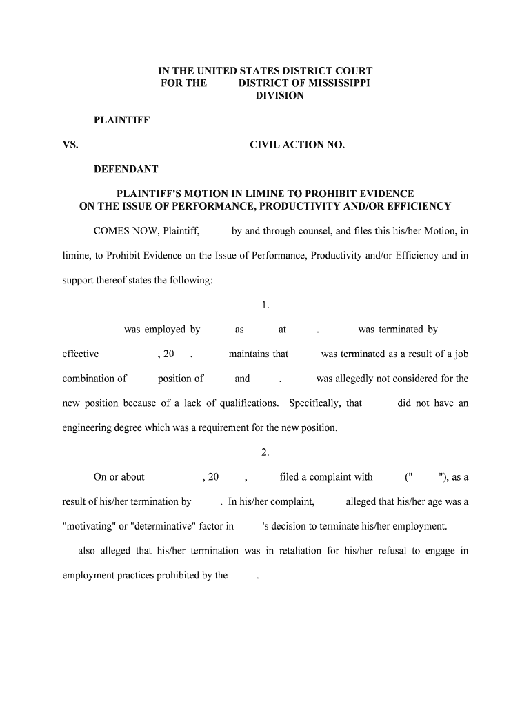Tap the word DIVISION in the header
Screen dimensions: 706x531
[279, 96]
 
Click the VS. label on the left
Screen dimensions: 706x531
[70, 145]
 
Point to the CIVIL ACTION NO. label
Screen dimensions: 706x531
[297, 145]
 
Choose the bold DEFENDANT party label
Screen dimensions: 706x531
[126, 169]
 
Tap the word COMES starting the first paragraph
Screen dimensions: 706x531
[112, 231]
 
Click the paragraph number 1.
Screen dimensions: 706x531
[265, 305]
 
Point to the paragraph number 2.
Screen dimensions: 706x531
[265, 452]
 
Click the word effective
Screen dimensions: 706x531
[81, 354]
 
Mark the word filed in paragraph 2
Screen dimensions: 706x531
[289, 477]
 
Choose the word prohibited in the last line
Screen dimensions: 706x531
[162, 576]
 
